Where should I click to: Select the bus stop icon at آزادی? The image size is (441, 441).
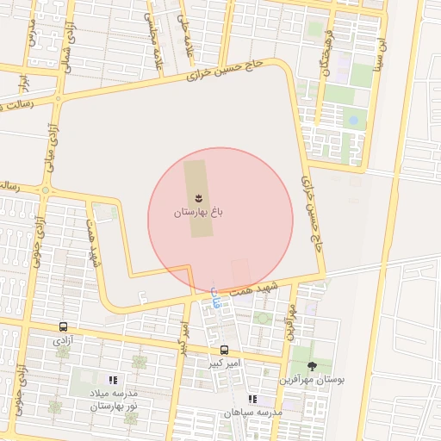pyautogui.click(x=63, y=327)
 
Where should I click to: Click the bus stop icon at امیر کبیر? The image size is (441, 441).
pyautogui.click(x=224, y=350)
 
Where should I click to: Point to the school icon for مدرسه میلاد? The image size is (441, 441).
pyautogui.click(x=112, y=380)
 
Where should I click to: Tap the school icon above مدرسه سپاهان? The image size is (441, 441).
pyautogui.click(x=252, y=399)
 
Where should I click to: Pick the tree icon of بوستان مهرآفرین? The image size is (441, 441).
pyautogui.click(x=312, y=366)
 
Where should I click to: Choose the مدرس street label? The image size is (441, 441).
pyautogui.click(x=33, y=34)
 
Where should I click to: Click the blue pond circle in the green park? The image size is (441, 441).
pyautogui.click(x=351, y=120)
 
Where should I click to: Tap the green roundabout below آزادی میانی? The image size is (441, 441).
pyautogui.click(x=45, y=190)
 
